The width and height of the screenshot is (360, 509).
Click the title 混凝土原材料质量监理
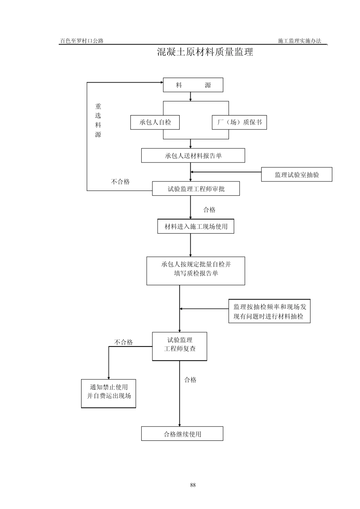[205, 52]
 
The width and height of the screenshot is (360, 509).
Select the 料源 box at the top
[193, 85]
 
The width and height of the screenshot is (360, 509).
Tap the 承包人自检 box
[155, 122]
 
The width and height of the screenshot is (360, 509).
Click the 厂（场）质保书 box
[239, 122]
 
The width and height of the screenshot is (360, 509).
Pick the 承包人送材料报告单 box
[193, 156]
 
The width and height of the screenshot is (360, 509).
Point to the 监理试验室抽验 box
[296, 175]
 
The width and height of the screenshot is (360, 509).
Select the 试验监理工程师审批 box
[196, 189]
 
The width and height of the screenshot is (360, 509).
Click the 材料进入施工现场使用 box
[196, 226]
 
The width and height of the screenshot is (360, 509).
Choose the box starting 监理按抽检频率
[269, 311]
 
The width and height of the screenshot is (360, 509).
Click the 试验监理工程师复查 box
[180, 347]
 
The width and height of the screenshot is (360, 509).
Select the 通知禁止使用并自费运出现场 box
[108, 394]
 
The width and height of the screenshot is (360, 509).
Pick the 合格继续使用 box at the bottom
[182, 434]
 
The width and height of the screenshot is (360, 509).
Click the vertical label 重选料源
[98, 120]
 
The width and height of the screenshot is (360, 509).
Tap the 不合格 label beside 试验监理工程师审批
[120, 182]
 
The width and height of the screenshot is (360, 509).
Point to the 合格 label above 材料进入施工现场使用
[209, 210]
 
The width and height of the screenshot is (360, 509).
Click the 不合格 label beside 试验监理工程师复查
[124, 342]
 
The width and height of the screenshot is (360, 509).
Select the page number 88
[193, 485]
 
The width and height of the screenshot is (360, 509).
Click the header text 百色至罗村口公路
[82, 41]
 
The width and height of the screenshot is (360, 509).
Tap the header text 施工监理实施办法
[299, 41]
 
